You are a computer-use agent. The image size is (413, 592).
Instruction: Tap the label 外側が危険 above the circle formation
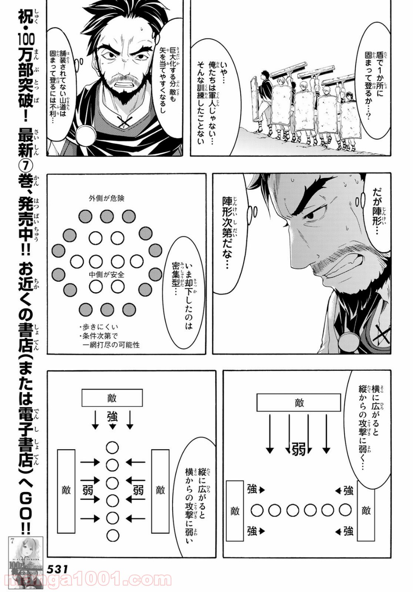(x=107, y=199)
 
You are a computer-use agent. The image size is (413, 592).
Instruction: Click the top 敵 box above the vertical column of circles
(x=112, y=398)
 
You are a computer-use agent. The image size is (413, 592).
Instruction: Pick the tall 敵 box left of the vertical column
(x=66, y=490)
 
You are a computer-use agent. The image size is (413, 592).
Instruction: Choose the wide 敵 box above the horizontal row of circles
(x=299, y=403)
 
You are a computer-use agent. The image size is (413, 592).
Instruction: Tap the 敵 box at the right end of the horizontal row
(x=366, y=511)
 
